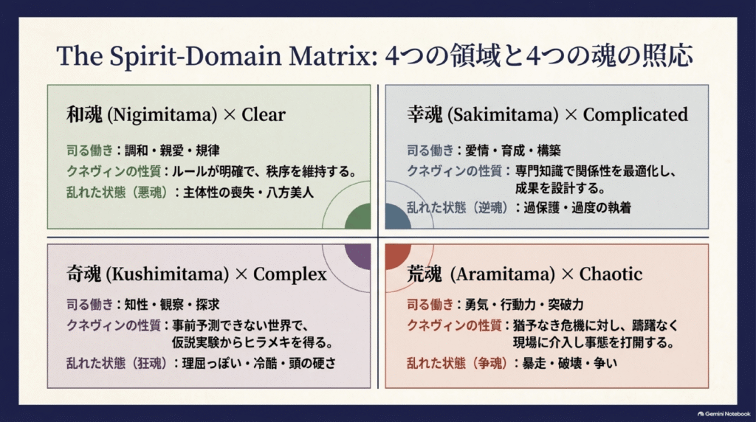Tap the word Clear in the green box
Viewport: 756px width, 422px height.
[x=264, y=114]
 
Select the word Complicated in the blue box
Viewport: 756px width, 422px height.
[x=636, y=114]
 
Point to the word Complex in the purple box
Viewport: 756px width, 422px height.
[x=289, y=274]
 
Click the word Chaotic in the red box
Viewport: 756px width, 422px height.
[x=611, y=274]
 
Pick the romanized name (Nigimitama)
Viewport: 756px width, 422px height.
[x=162, y=115]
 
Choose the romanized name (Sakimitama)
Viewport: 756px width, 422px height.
[x=503, y=115]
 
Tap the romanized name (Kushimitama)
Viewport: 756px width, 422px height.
[x=168, y=274]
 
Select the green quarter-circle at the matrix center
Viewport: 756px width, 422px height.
[x=360, y=218]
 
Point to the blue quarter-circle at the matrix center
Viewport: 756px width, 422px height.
[x=396, y=218]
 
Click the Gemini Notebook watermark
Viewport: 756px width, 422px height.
[x=724, y=414]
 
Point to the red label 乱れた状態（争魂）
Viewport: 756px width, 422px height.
[x=457, y=363]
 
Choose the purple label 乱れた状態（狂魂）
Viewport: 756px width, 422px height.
[x=117, y=363]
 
